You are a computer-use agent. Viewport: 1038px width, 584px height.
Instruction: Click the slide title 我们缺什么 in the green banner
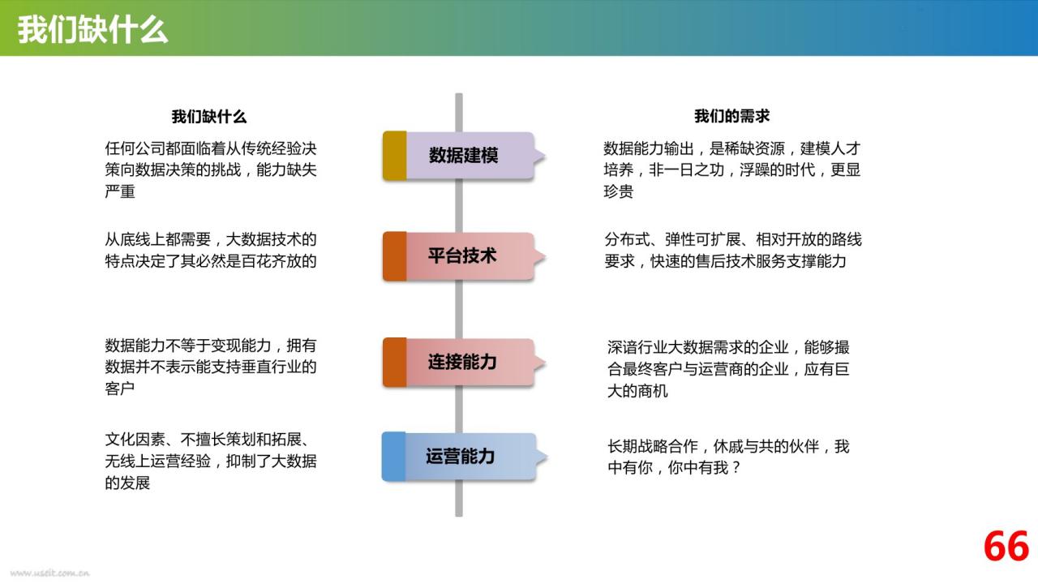click(92, 29)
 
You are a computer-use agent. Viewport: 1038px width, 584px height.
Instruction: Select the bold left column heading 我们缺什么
click(209, 116)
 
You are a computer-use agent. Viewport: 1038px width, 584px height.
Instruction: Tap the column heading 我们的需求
click(731, 116)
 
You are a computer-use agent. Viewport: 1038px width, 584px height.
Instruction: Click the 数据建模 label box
click(463, 156)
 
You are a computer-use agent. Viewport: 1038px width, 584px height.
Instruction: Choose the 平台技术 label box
click(463, 256)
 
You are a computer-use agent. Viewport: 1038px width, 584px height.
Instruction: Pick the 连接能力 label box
click(463, 362)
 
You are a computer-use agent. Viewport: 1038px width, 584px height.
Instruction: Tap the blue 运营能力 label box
click(463, 457)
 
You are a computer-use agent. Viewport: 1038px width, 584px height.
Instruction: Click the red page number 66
click(1006, 547)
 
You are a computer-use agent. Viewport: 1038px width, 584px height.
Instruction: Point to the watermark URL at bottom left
click(49, 573)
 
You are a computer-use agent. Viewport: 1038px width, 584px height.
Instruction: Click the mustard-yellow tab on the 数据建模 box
click(395, 156)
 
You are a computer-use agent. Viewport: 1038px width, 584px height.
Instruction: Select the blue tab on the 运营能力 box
click(394, 457)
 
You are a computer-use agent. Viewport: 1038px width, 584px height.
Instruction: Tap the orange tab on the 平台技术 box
click(395, 256)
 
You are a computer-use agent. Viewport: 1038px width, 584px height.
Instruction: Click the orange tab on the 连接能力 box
click(395, 362)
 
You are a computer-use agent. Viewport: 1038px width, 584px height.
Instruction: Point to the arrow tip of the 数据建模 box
click(546, 157)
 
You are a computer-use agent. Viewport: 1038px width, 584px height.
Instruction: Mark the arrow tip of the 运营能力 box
click(547, 457)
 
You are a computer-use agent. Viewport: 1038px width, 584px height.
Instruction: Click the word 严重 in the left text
click(120, 191)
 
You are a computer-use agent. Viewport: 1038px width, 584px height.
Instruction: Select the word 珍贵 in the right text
click(619, 191)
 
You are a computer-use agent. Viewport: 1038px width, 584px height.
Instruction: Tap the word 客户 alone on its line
click(120, 389)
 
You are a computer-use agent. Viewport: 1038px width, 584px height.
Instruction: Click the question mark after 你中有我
click(736, 468)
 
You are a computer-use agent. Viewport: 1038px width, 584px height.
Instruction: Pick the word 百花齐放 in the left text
click(272, 261)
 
